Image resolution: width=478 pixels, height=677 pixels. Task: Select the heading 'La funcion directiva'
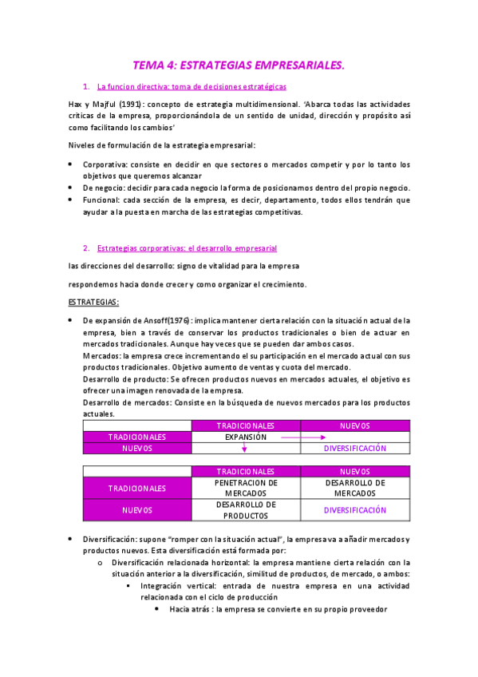point(129,85)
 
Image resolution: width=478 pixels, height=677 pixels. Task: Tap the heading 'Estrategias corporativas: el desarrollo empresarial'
point(187,248)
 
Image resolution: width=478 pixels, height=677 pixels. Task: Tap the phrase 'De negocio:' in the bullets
point(104,188)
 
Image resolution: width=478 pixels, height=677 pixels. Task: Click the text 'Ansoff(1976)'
point(164,320)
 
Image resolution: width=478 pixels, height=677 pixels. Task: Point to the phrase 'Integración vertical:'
point(177,585)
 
